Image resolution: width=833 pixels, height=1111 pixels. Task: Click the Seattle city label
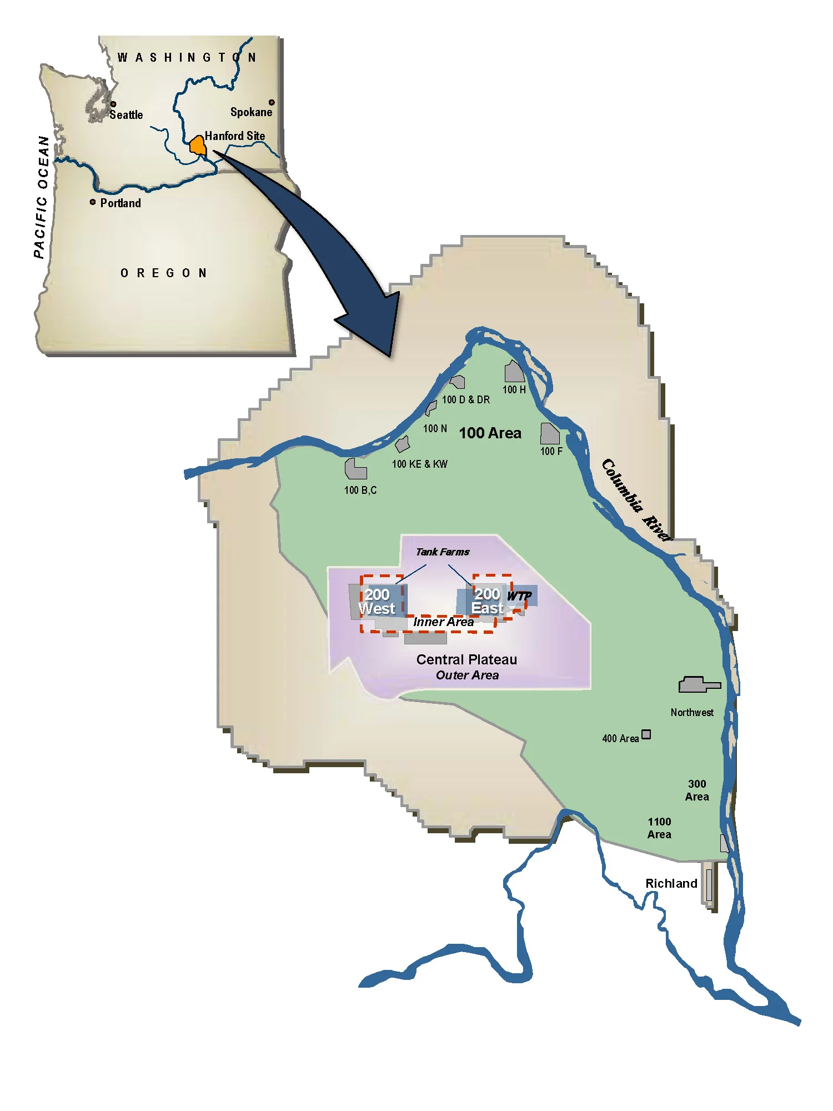point(126,115)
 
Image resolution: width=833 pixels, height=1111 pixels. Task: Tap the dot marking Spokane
point(272,102)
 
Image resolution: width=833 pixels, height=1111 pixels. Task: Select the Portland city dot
point(93,202)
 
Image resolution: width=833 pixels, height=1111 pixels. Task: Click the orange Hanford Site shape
point(198,146)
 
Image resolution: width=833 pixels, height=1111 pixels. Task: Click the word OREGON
point(164,273)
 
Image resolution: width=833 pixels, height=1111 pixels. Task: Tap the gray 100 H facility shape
point(514,372)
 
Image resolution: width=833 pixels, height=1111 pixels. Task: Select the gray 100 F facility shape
point(549,434)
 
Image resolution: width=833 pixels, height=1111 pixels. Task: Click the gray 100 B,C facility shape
point(355,469)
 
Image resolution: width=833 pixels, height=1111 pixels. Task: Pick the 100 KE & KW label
point(419,464)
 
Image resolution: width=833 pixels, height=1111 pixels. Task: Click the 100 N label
point(435,428)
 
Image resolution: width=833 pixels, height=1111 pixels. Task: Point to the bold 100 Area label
point(490,433)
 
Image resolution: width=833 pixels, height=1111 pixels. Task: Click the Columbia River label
point(636,499)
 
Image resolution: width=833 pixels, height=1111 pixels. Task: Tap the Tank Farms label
point(443,552)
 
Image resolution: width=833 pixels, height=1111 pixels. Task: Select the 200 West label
point(377,602)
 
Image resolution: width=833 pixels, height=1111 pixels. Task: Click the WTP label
point(519,596)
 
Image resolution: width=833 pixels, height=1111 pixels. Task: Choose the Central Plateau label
point(466,659)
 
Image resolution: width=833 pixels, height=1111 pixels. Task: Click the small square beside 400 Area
point(646,734)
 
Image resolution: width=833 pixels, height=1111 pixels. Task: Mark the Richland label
point(671,883)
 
